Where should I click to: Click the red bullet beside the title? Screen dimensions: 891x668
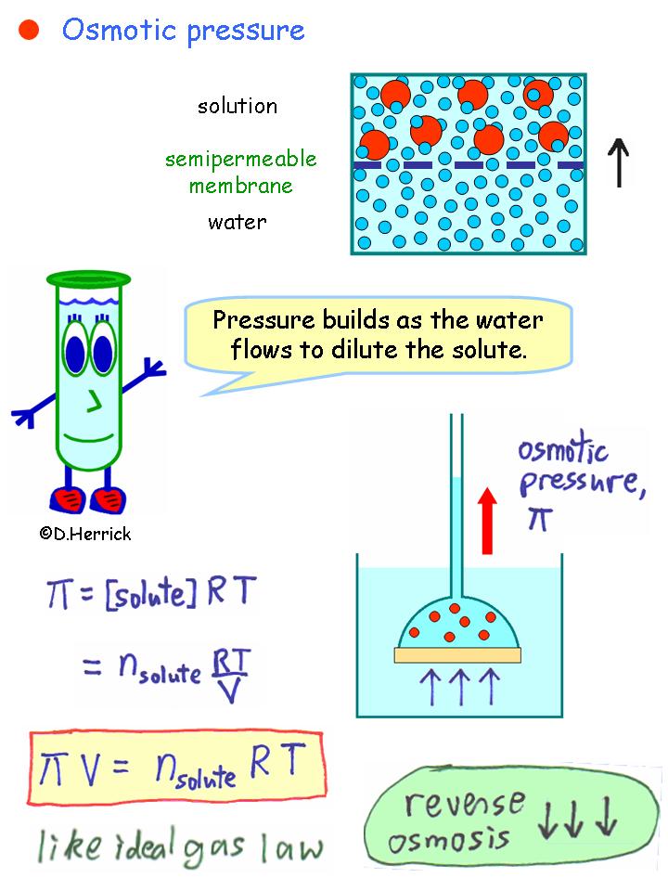click(x=29, y=31)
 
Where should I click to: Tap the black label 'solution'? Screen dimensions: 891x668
click(x=238, y=106)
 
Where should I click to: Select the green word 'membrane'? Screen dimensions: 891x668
click(x=240, y=186)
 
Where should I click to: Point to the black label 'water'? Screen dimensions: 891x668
click(x=238, y=223)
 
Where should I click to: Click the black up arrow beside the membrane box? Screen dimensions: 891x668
click(x=619, y=161)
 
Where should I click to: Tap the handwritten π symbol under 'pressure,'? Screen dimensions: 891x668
click(x=537, y=519)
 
